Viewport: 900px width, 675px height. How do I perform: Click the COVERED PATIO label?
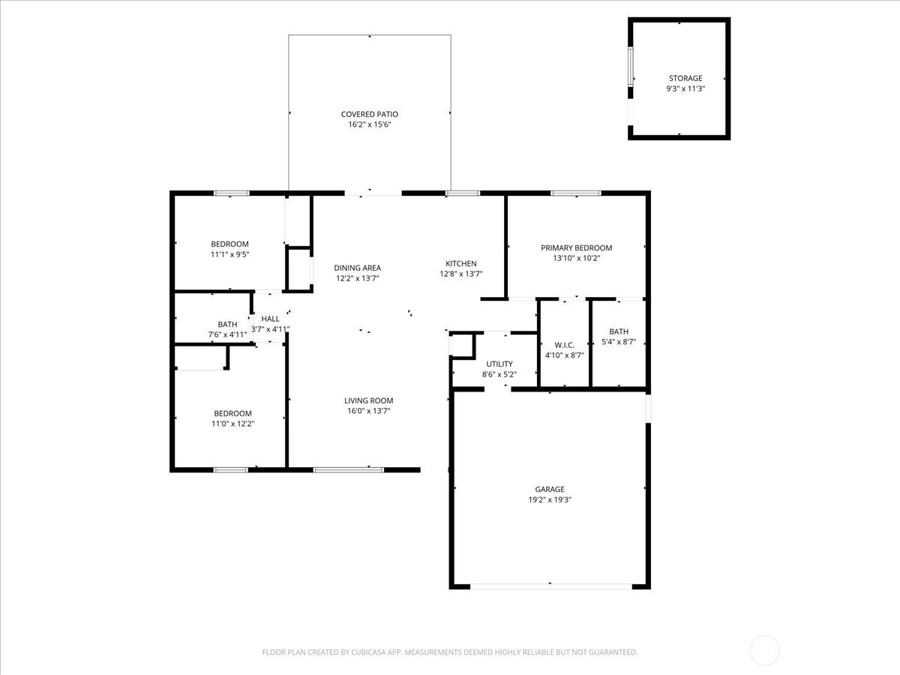[x=370, y=115]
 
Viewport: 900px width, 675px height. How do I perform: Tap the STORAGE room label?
[x=685, y=78]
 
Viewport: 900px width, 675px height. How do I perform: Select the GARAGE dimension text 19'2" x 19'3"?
[x=550, y=499]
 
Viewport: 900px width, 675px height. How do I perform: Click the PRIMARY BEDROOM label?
[x=576, y=247]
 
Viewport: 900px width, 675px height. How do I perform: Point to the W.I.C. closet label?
[x=565, y=344]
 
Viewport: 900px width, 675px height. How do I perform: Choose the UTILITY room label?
[x=499, y=364]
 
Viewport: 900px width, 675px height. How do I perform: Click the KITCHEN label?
[x=460, y=263]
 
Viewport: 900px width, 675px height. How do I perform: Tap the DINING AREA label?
[x=357, y=268]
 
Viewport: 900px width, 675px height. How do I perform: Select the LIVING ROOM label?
[x=368, y=400]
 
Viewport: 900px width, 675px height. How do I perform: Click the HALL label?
[x=270, y=319]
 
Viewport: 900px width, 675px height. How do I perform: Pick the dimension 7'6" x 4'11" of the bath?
[x=227, y=334]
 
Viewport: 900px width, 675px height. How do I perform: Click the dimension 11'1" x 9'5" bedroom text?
[x=229, y=254]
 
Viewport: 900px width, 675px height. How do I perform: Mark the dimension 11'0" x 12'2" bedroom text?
[x=232, y=424]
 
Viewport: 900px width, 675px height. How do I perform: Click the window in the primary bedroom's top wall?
[x=575, y=193]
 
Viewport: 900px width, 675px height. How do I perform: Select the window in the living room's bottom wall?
[x=348, y=469]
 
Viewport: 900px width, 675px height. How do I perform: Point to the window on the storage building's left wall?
[x=631, y=67]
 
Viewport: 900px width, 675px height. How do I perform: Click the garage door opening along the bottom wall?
[x=550, y=586]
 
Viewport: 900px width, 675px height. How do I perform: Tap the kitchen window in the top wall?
[x=462, y=193]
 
